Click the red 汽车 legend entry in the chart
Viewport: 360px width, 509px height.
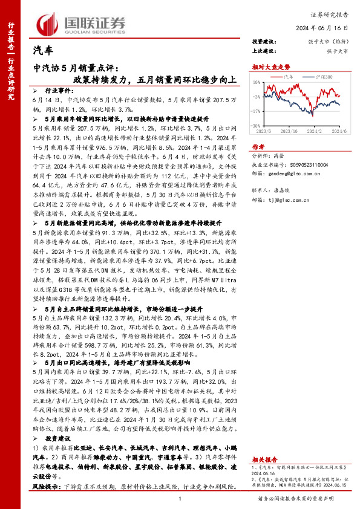point(290,77)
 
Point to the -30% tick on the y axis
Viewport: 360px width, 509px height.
point(257,126)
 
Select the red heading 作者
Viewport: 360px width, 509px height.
point(258,146)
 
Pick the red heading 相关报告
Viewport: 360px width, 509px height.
point(264,459)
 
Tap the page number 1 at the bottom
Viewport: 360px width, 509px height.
point(180,498)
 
